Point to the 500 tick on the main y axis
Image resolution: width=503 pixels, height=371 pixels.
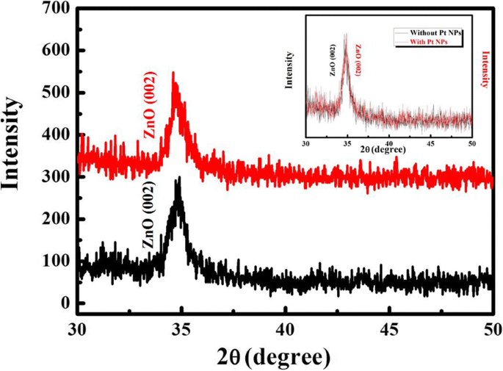click(57, 93)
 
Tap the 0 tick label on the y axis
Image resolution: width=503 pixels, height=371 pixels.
click(66, 303)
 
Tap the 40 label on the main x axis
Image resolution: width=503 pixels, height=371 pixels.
click(285, 328)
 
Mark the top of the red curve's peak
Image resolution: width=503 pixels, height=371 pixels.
click(173, 72)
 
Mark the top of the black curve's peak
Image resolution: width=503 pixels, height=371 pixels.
click(178, 177)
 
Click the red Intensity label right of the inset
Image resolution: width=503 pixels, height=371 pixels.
click(485, 69)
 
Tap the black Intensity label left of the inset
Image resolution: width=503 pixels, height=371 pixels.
click(292, 69)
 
